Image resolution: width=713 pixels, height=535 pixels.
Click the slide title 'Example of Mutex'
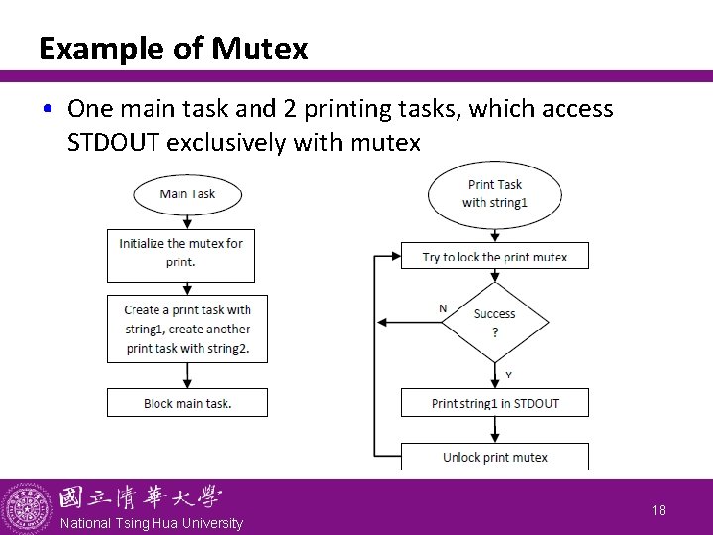pos(173,48)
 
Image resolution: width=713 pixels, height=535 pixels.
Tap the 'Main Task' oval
pos(187,194)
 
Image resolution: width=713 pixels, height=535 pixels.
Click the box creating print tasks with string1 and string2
pos(187,329)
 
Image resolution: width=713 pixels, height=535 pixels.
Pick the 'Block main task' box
pos(187,403)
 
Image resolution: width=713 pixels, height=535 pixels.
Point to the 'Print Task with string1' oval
pos(494,194)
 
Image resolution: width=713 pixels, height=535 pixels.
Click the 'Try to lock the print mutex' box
pos(494,256)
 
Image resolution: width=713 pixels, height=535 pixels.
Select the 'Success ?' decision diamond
pos(494,322)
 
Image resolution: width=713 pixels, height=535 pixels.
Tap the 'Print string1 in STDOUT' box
pos(494,403)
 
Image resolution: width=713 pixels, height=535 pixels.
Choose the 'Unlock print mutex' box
pos(494,457)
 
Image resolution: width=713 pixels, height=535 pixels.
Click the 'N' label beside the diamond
pos(443,309)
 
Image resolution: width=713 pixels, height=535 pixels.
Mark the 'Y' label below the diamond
pos(508,374)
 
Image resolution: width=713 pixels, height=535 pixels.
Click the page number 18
pos(659,509)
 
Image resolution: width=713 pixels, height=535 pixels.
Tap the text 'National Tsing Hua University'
pos(151,523)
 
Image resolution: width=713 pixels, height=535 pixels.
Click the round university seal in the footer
pos(26,506)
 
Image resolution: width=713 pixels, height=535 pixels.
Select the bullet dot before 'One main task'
pos(49,110)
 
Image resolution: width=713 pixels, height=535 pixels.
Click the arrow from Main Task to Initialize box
pos(187,221)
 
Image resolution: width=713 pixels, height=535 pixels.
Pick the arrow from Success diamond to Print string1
pos(494,374)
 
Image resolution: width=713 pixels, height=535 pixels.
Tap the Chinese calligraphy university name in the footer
pos(140,498)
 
